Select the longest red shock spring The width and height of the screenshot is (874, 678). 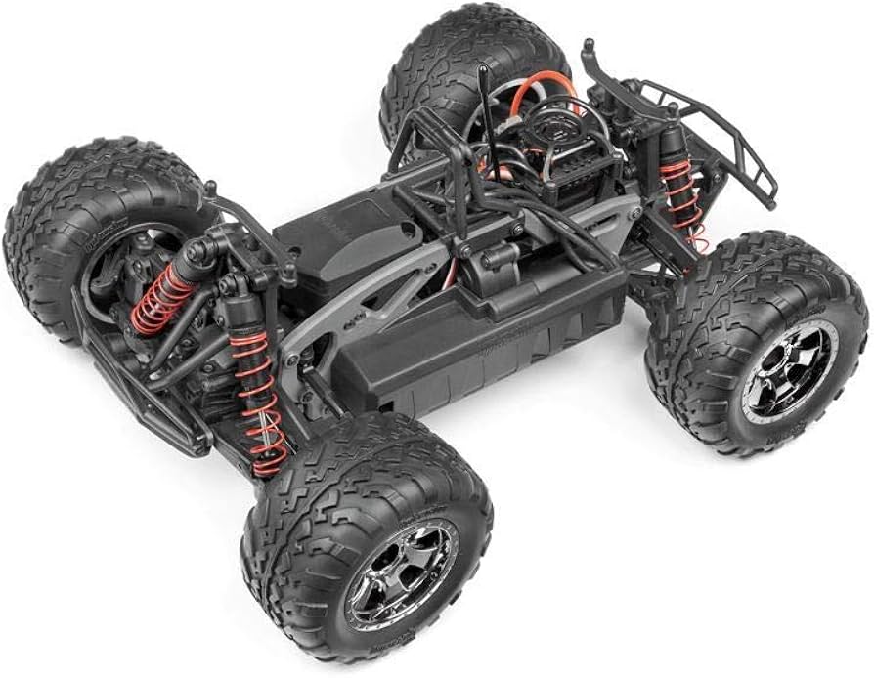(260, 401)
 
